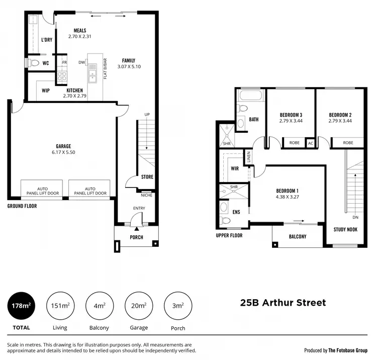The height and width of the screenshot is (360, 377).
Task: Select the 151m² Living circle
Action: (x=60, y=305)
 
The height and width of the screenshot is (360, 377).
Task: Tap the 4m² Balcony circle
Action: (x=99, y=305)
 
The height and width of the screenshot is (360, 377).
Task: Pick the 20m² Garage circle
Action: (x=139, y=305)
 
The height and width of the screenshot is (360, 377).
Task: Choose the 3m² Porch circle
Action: (x=178, y=305)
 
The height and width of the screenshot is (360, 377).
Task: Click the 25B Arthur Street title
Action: (x=282, y=302)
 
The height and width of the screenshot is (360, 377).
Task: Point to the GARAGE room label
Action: (x=63, y=146)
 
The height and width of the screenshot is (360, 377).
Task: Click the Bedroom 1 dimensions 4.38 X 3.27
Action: (x=287, y=197)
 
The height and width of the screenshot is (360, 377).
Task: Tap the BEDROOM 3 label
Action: (x=290, y=115)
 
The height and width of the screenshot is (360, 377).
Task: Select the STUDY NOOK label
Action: (x=345, y=230)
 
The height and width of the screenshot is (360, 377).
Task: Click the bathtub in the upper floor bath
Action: (x=250, y=96)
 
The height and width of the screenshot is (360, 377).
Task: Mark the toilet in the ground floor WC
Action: (x=33, y=63)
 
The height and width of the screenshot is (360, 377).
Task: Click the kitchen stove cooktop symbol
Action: (x=62, y=76)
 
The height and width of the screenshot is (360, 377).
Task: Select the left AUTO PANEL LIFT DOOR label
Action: (x=41, y=191)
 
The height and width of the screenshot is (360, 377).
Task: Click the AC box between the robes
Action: (x=310, y=143)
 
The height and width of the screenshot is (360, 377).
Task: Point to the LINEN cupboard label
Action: (x=247, y=157)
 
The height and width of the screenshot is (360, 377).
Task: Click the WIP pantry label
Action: (x=45, y=91)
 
